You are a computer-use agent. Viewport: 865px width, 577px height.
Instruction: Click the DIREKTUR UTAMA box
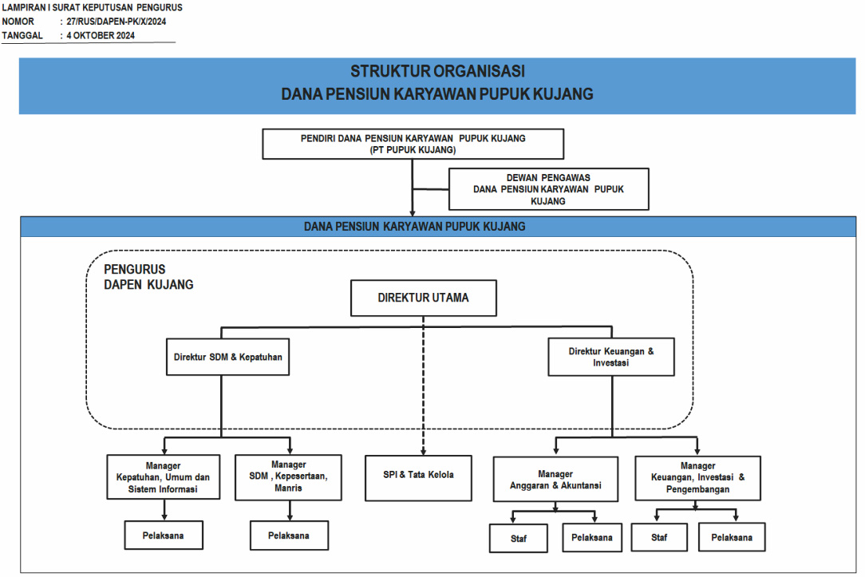(424, 298)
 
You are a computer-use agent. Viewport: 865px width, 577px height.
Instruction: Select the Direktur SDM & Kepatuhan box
(228, 357)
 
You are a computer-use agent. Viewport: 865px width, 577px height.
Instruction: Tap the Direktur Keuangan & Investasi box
(611, 357)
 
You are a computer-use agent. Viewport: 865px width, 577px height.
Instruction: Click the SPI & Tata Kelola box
(418, 478)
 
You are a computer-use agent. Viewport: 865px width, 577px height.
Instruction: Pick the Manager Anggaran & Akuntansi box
(555, 479)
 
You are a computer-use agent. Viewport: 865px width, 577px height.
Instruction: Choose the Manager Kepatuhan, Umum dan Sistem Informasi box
(164, 477)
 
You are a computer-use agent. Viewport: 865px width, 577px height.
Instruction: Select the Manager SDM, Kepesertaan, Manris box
(289, 477)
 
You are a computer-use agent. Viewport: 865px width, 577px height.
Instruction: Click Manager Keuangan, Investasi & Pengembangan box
(698, 478)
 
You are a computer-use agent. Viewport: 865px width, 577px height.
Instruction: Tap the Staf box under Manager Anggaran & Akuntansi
(519, 538)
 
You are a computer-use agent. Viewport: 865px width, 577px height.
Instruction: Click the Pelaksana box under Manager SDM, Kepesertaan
(289, 535)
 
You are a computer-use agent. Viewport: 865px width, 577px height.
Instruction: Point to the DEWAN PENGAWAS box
(549, 189)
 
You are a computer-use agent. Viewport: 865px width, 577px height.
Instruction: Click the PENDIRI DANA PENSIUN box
(413, 144)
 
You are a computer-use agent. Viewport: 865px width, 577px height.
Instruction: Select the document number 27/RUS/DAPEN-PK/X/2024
(117, 22)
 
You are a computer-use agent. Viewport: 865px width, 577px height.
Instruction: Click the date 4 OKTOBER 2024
(101, 35)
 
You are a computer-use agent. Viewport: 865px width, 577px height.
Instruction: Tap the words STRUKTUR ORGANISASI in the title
(438, 71)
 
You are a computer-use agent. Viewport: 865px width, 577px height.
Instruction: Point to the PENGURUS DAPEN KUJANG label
(148, 277)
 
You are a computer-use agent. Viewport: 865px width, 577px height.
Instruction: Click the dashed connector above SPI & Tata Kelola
(424, 385)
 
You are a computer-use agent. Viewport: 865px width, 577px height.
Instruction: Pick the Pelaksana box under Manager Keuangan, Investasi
(732, 537)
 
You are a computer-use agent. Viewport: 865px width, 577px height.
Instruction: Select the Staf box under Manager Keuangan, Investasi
(659, 537)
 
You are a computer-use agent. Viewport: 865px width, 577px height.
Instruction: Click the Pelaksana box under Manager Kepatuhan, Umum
(164, 535)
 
